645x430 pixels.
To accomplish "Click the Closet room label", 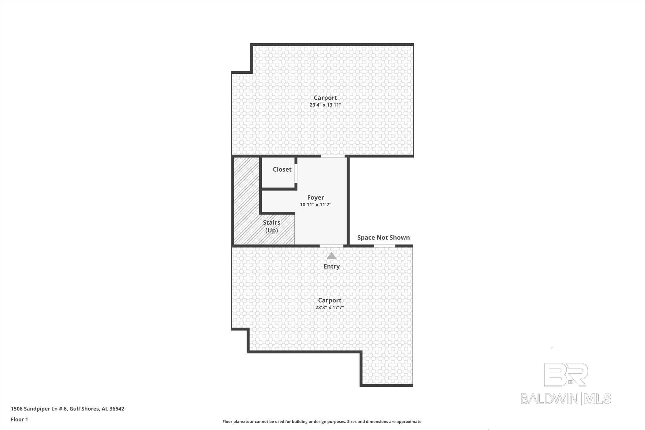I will click(x=282, y=169).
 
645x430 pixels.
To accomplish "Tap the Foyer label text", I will click(x=315, y=198).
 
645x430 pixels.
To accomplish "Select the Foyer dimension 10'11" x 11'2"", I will click(x=315, y=205).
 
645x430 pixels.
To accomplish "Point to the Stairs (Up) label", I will click(x=271, y=226).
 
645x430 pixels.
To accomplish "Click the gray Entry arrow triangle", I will click(x=331, y=256).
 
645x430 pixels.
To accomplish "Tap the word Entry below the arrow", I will click(x=331, y=267).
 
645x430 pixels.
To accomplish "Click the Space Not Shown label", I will click(x=383, y=238).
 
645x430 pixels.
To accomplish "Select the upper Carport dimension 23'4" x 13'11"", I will click(x=325, y=105).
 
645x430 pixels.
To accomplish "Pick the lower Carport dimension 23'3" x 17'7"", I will click(x=329, y=307).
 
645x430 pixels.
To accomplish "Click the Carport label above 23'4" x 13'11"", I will click(x=325, y=98).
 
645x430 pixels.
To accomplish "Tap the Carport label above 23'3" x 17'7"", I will click(x=329, y=300).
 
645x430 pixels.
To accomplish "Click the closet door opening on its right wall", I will click(x=296, y=173).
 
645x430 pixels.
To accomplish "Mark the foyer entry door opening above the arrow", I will click(x=331, y=246).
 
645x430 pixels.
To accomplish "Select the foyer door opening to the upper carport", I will click(x=333, y=156).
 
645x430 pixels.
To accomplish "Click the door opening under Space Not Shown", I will click(x=384, y=246).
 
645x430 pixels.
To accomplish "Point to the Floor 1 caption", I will click(x=20, y=419).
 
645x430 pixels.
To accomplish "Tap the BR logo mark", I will click(x=566, y=375).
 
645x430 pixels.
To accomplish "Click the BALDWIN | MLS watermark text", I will click(x=566, y=398).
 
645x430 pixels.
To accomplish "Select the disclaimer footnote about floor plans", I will click(x=322, y=421).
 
